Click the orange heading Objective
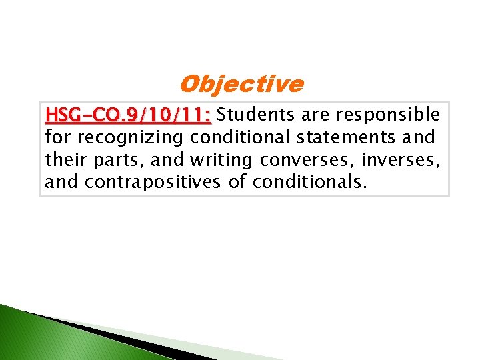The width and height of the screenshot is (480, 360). point(241,85)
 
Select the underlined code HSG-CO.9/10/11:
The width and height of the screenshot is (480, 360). point(128,116)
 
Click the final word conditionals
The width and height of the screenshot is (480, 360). point(309,182)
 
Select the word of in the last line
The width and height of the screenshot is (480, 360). point(237,182)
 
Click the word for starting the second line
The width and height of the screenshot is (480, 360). point(59,138)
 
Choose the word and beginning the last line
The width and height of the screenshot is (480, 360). point(62,182)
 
